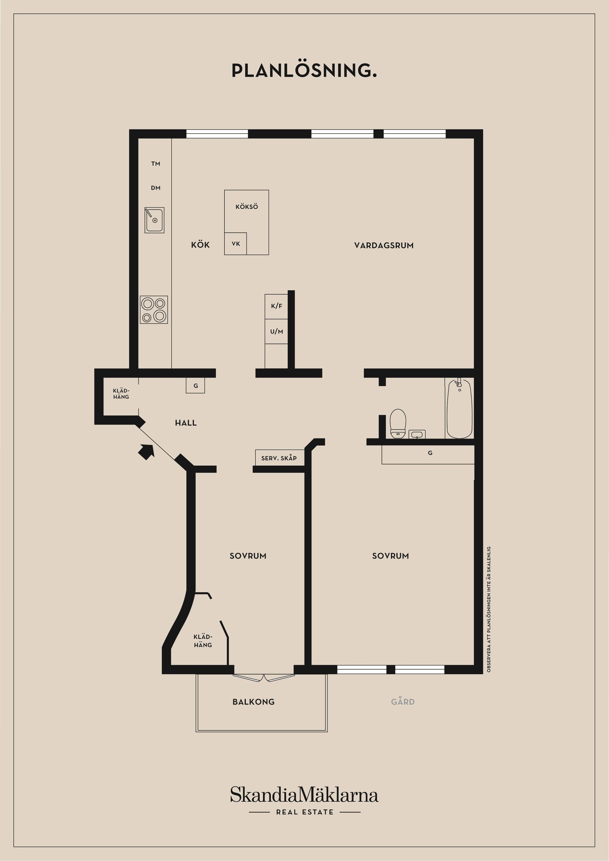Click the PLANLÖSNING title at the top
[304, 70]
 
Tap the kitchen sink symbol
[154, 220]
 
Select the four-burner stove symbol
[154, 310]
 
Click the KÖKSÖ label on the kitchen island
[246, 207]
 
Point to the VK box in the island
[236, 244]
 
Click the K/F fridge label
[277, 306]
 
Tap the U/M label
[277, 332]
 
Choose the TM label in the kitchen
[156, 164]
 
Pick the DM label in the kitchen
[156, 188]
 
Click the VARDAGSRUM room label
[384, 246]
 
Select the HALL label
[186, 423]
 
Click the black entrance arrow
[146, 451]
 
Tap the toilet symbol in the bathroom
[398, 424]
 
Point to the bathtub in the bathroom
[459, 409]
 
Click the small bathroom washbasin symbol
[417, 434]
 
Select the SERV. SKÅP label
[279, 458]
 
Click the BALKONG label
[254, 702]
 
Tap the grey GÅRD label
[403, 702]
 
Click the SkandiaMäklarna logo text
[304, 795]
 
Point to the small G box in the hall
[195, 385]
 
